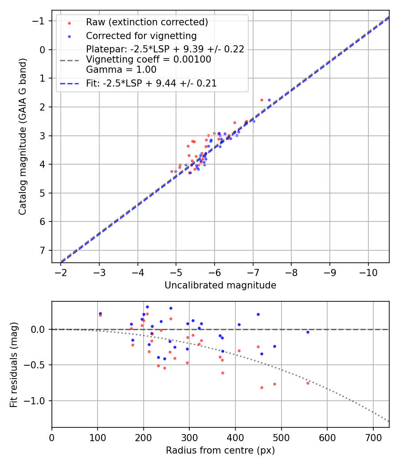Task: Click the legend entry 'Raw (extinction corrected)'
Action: [147, 22]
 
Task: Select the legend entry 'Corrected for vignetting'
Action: [141, 36]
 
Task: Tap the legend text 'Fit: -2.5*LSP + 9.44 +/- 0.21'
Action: [151, 83]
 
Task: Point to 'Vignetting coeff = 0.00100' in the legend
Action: [149, 59]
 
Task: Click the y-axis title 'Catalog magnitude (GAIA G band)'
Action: [22, 137]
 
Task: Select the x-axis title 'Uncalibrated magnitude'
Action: [220, 285]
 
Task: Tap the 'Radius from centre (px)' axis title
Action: [220, 450]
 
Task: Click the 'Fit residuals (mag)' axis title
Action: [13, 364]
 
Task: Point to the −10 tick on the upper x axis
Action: [368, 271]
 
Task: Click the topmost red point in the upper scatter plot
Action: [262, 100]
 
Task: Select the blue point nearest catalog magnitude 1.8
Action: [269, 100]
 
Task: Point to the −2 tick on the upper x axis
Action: [61, 271]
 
